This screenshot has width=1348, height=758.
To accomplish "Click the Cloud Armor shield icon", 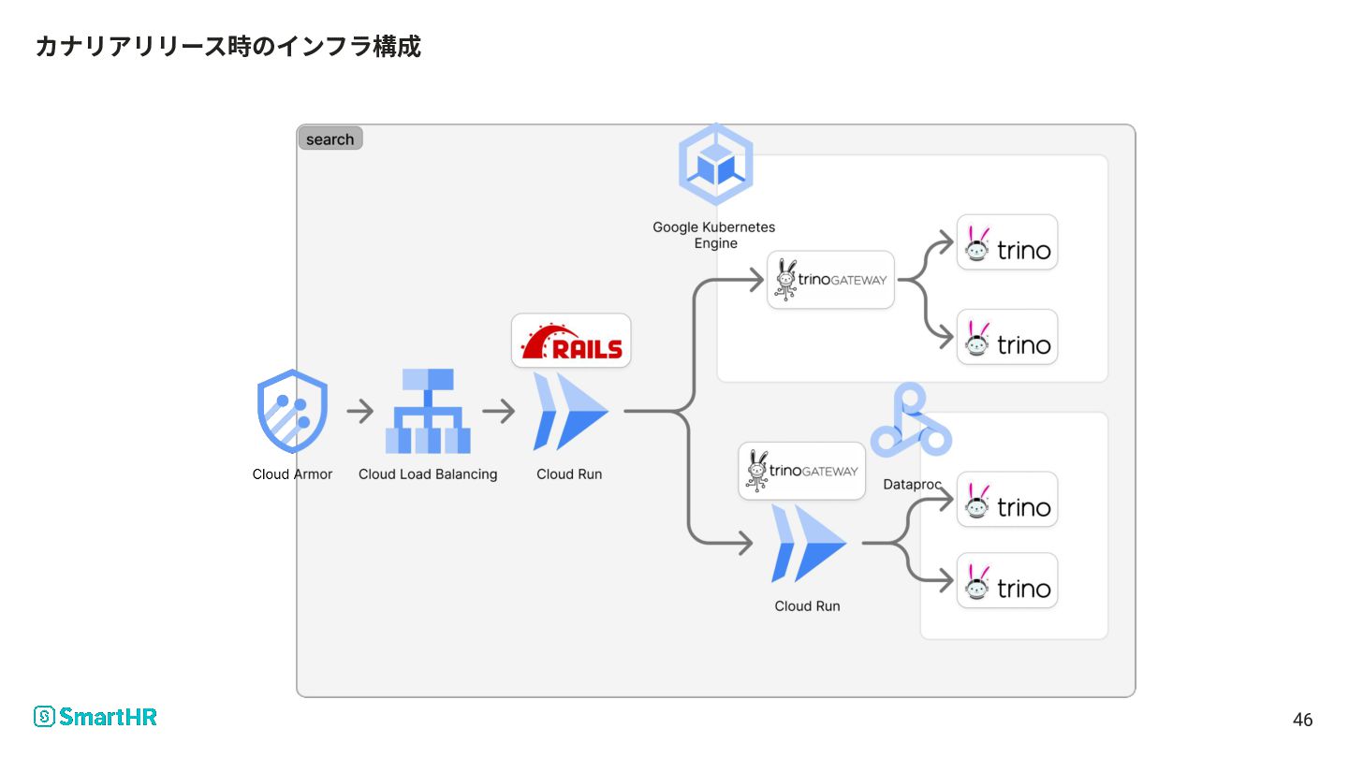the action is tap(292, 411).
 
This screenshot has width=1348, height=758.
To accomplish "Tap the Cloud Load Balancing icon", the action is tap(428, 411).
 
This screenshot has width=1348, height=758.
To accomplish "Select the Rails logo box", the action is tap(571, 341).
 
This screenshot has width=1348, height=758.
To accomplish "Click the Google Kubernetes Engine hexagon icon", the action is tap(715, 165).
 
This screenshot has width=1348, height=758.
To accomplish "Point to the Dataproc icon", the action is tap(911, 420).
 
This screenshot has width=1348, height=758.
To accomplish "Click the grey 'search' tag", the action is tap(330, 138).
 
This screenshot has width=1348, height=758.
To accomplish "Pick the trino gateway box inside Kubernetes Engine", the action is tap(830, 280).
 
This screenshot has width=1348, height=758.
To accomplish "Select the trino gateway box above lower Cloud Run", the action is tap(801, 471).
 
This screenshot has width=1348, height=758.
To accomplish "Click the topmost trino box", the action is tap(1007, 242).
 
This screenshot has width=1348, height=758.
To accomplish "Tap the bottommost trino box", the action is tap(1007, 580).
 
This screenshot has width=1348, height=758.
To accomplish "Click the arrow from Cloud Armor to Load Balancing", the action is tap(359, 412).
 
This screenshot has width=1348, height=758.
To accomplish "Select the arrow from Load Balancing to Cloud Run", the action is tap(498, 412).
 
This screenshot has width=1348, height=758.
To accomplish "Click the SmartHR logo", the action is tap(95, 717).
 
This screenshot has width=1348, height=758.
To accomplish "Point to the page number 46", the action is tap(1302, 720).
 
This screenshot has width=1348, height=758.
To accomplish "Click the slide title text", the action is tap(228, 47).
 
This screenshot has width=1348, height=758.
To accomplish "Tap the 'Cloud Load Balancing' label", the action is tap(428, 474).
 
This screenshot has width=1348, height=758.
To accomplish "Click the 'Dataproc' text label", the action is tap(912, 485).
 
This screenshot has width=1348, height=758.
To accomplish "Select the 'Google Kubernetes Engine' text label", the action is tap(714, 235).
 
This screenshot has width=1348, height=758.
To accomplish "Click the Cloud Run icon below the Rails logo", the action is tap(570, 412).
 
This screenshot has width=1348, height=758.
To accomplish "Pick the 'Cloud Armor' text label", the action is tap(292, 474).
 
